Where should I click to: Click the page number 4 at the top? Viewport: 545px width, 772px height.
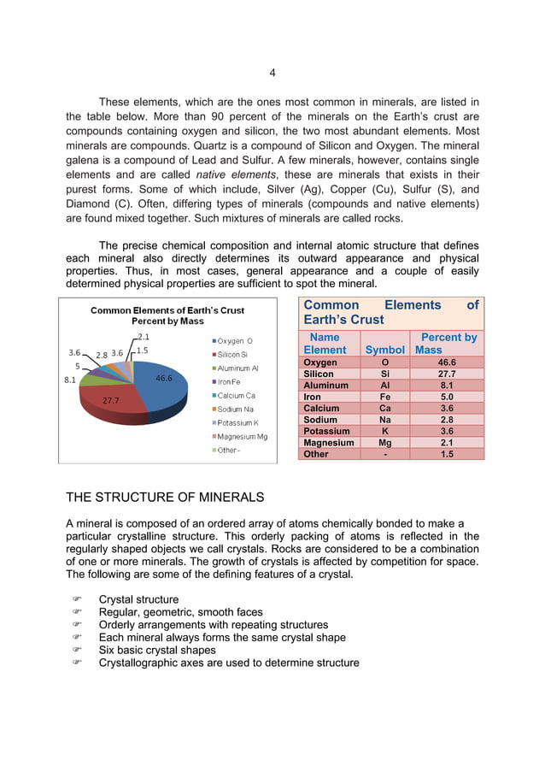[x=272, y=73]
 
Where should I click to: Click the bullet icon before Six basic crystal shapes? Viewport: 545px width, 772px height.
[x=76, y=650]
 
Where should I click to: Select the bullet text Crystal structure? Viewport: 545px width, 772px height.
[x=138, y=599]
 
